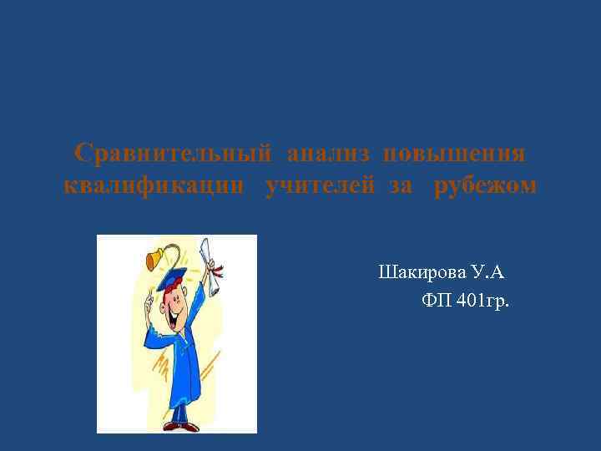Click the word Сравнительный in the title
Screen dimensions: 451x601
click(173, 155)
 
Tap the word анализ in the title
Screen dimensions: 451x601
click(330, 155)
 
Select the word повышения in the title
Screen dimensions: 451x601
click(454, 155)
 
